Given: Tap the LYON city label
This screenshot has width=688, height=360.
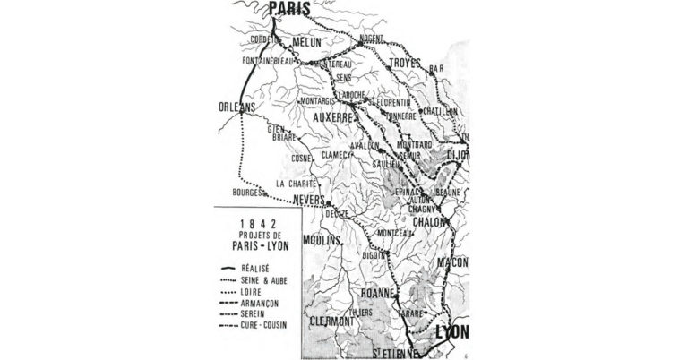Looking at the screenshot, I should point(451,334).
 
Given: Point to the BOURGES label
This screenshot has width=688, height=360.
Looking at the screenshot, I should point(246,193).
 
